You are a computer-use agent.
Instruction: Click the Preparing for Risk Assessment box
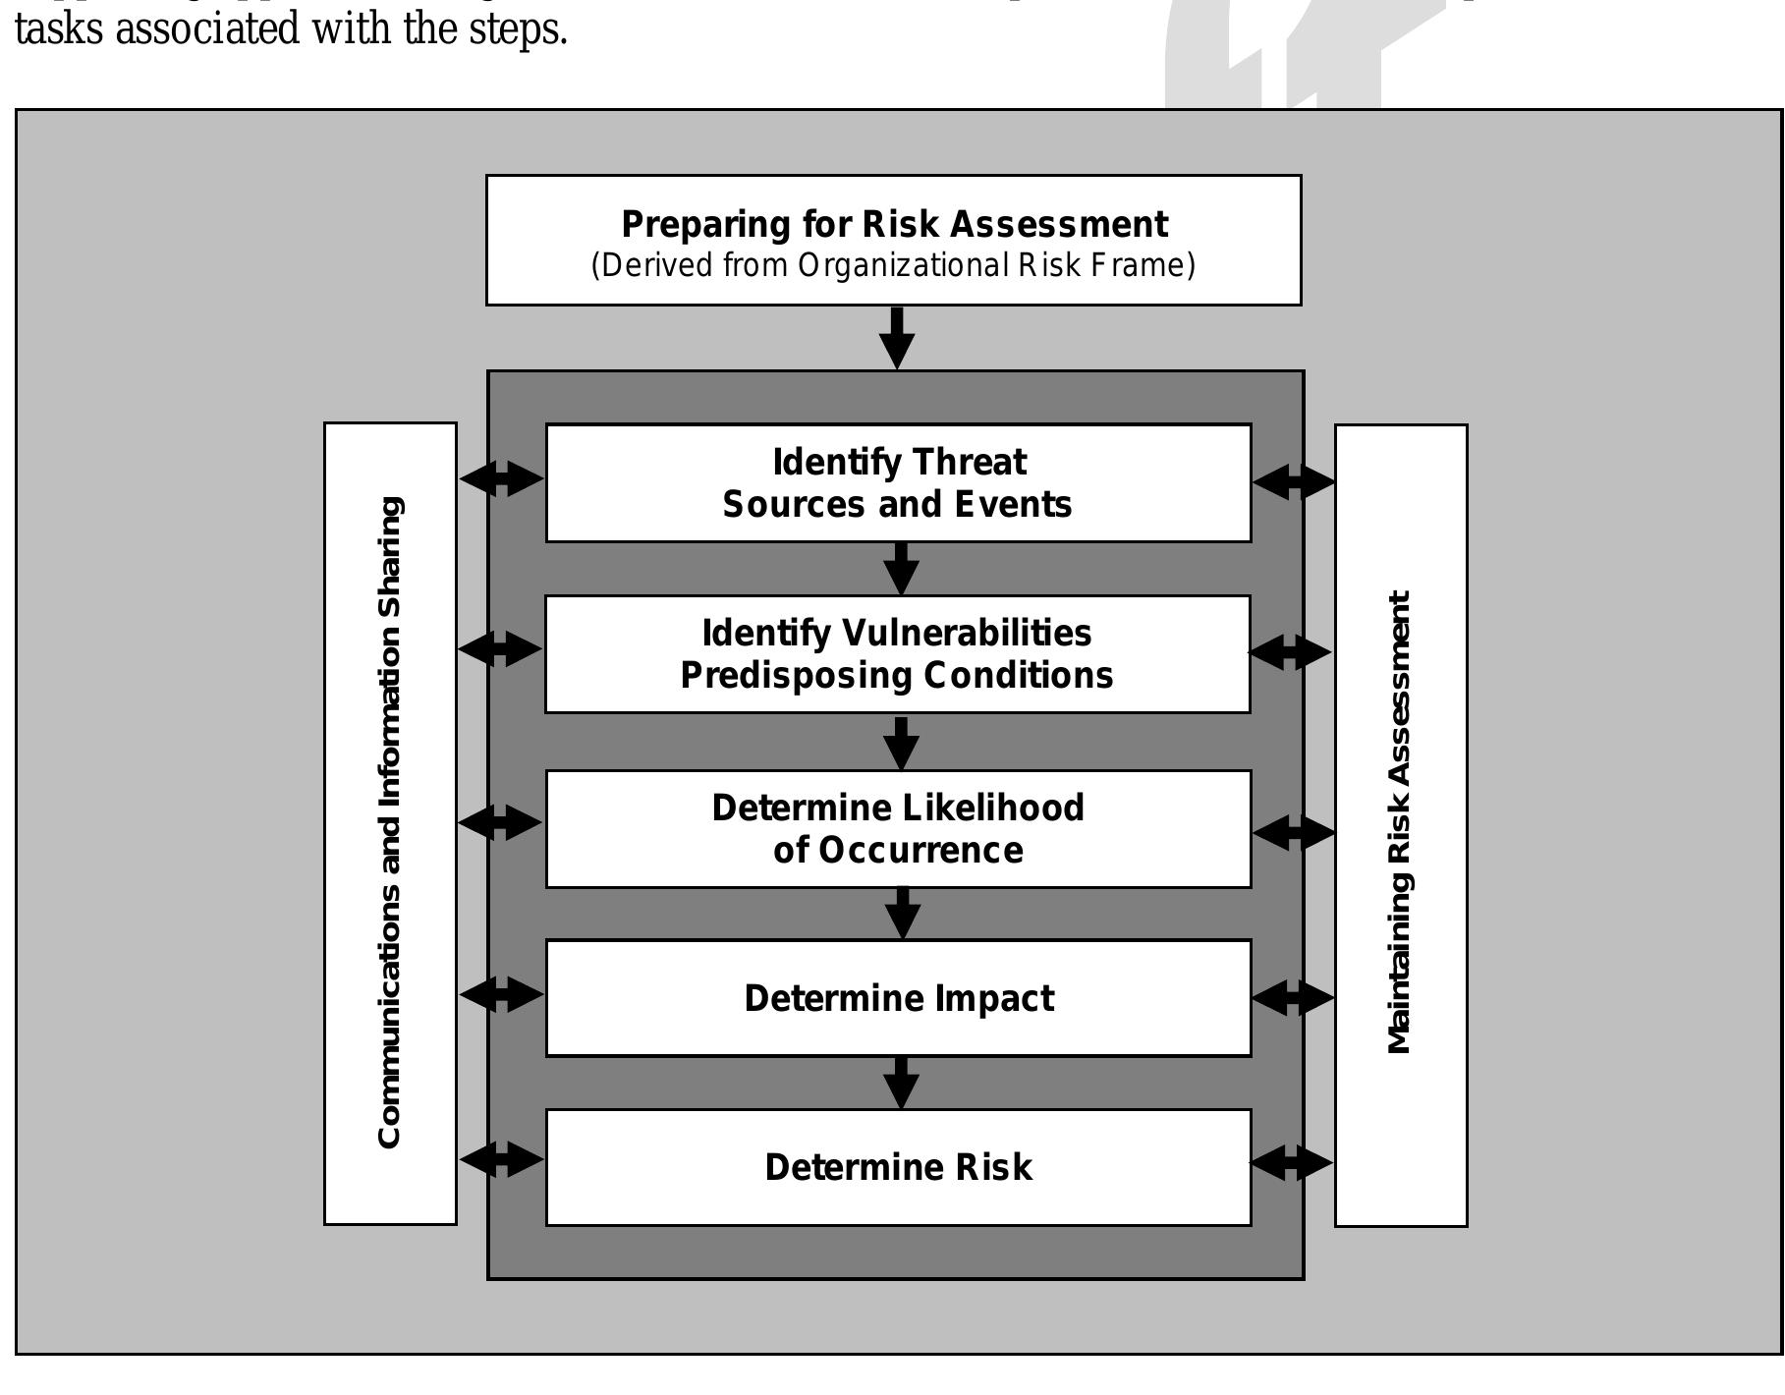893,241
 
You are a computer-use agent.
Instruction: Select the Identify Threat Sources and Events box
898,482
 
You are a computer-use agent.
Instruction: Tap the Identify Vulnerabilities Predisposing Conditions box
897,653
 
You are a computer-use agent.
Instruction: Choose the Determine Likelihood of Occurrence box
898,828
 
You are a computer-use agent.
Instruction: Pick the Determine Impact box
898,998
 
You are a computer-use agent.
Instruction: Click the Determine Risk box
898,1167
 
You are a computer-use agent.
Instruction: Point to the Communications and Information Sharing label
390,823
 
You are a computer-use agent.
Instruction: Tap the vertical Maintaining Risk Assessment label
1400,823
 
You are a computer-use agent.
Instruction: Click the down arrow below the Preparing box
897,338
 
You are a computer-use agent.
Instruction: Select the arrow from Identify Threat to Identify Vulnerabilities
901,568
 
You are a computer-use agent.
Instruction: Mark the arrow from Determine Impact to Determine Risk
901,1083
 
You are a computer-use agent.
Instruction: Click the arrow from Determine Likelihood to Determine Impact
902,913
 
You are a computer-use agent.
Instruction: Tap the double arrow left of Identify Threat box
501,479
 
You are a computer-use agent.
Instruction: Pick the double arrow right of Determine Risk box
1292,1163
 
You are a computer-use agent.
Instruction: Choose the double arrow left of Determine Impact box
501,994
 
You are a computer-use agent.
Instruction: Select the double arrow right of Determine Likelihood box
1294,832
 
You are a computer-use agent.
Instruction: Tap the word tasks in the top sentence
59,29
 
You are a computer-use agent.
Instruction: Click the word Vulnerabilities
968,633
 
